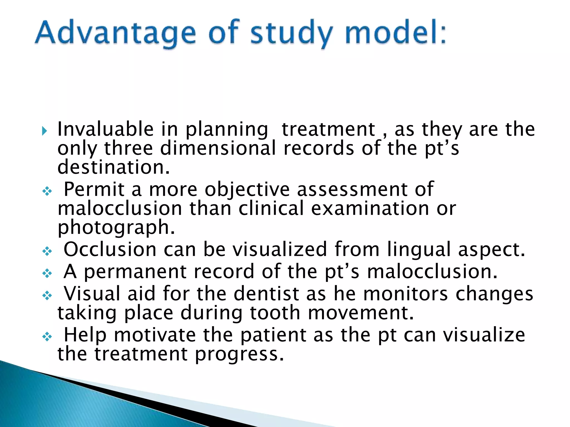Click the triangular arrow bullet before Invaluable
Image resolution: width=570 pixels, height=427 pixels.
point(45,130)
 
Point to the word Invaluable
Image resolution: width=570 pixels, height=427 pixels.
point(105,129)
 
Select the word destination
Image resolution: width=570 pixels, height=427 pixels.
point(114,167)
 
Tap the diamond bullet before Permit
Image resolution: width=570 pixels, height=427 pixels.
point(47,191)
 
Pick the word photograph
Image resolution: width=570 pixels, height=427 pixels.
point(116,228)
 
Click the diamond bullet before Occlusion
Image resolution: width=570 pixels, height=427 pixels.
point(47,251)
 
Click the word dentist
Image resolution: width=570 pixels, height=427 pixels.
point(266,294)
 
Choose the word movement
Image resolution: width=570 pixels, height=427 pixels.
point(361,313)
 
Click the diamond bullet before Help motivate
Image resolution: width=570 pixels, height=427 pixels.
point(47,337)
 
